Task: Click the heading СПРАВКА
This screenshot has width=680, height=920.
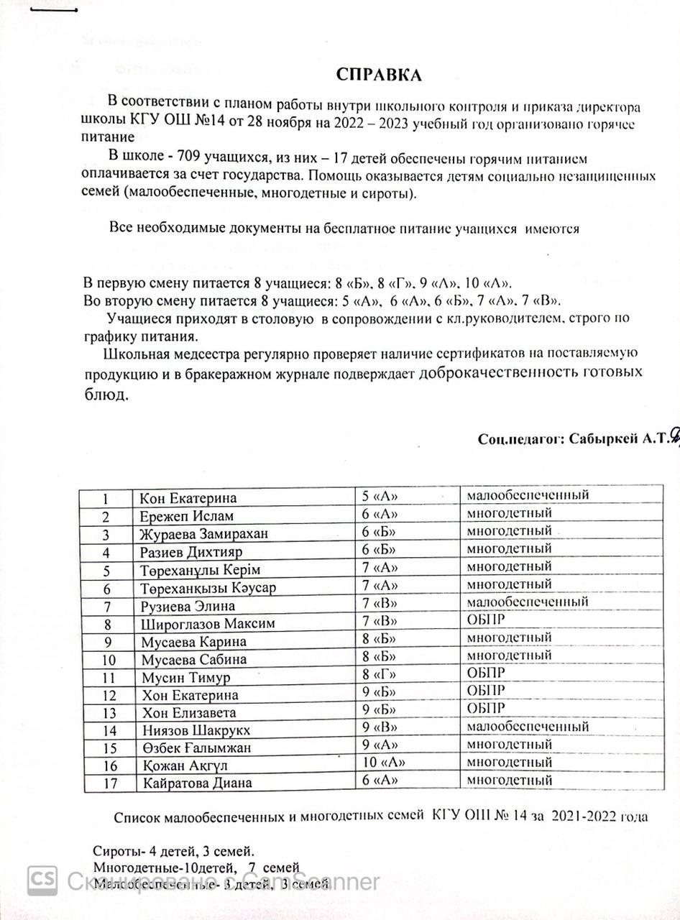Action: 379,75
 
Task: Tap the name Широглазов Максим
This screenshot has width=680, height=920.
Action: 208,623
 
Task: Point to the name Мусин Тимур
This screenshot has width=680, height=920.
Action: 185,677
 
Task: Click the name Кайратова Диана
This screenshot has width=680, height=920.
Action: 197,783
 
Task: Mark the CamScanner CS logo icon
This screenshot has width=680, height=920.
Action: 42,880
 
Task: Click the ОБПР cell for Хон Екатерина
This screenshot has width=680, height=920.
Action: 487,691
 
